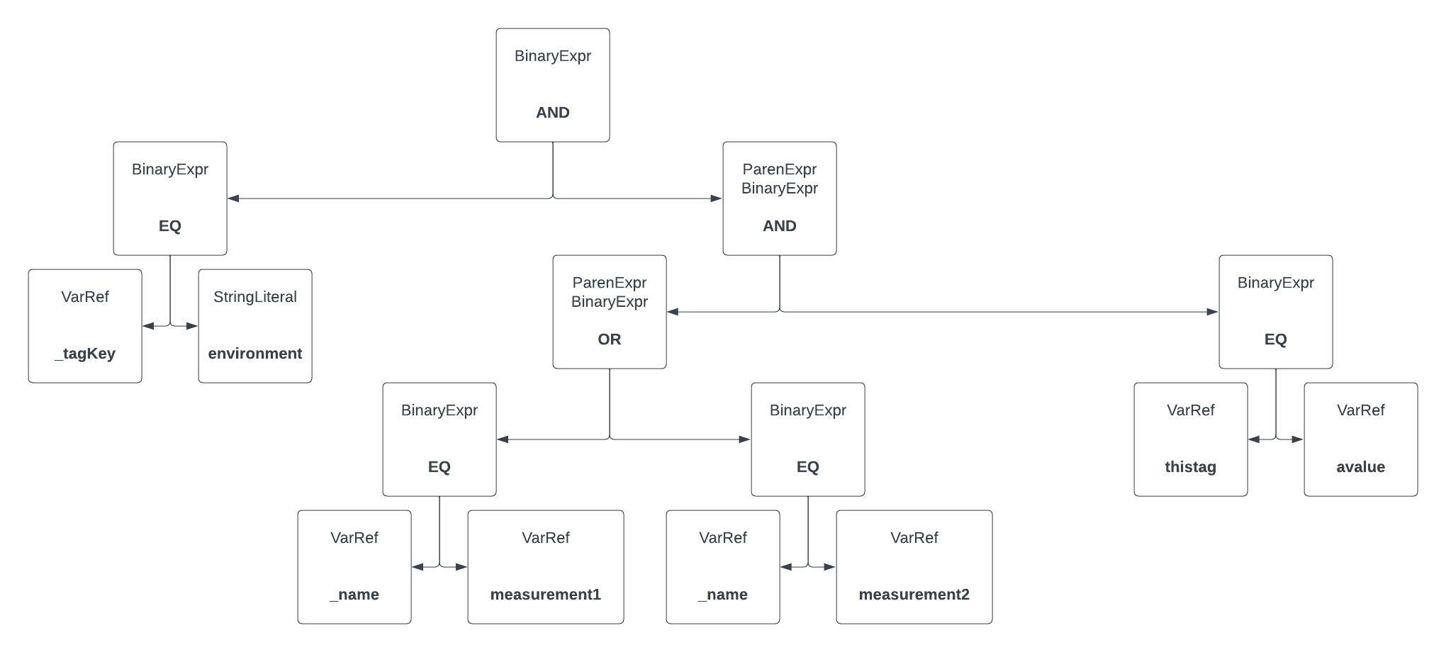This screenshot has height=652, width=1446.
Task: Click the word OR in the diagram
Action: pyautogui.click(x=609, y=339)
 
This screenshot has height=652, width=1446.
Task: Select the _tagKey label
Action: pyautogui.click(x=85, y=354)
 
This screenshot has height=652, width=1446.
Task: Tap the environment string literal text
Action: pyautogui.click(x=254, y=354)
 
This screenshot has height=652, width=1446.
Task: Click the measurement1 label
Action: pyautogui.click(x=545, y=595)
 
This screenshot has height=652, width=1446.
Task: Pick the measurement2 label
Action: pyautogui.click(x=914, y=595)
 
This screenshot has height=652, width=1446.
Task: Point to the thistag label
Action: pyautogui.click(x=1190, y=467)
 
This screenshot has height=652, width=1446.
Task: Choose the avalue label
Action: pyautogui.click(x=1360, y=467)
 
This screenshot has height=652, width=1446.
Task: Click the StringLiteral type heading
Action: pyautogui.click(x=254, y=297)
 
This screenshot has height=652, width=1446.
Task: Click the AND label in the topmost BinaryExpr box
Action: pyautogui.click(x=552, y=113)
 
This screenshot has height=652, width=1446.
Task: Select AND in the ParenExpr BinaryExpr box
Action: pyautogui.click(x=779, y=226)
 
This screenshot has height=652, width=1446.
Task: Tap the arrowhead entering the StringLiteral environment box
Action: pyautogui.click(x=192, y=326)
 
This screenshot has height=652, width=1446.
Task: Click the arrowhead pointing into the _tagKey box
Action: pyautogui.click(x=148, y=326)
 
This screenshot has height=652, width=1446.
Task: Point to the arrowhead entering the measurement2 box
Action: pyautogui.click(x=830, y=567)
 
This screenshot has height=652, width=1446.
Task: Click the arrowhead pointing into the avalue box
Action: pyautogui.click(x=1298, y=439)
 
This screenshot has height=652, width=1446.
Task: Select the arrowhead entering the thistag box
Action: pyautogui.click(x=1254, y=439)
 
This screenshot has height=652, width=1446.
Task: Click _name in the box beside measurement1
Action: pyautogui.click(x=354, y=595)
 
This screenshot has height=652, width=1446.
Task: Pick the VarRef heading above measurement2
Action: pyautogui.click(x=914, y=538)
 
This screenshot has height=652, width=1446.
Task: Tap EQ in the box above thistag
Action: pyautogui.click(x=1275, y=339)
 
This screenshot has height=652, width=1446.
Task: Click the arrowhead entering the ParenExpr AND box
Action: pyautogui.click(x=717, y=198)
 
